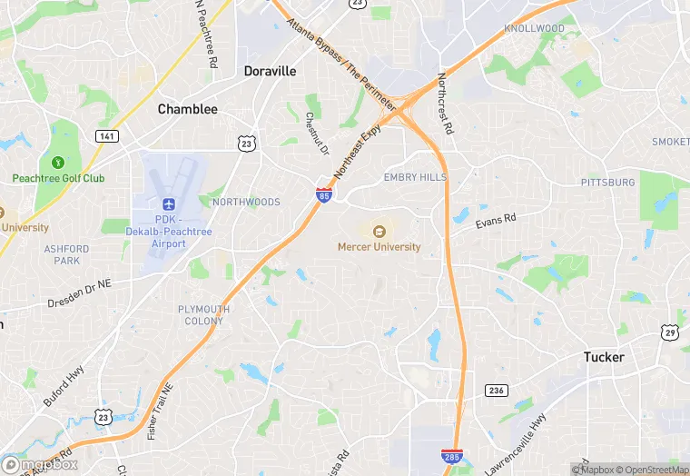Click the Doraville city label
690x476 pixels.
tap(270, 71)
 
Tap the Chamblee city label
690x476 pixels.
tap(188, 109)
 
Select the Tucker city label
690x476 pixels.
tap(604, 357)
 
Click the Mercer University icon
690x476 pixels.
tap(379, 231)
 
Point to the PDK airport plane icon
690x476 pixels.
tap(168, 205)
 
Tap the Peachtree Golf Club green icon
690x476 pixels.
tap(58, 163)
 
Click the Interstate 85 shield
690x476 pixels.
tap(324, 194)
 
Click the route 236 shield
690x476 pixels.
tap(496, 390)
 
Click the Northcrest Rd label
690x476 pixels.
tap(445, 104)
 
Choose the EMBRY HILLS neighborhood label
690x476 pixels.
tap(415, 177)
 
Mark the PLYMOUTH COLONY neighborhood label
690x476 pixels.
tap(203, 314)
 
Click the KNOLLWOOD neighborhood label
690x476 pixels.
tap(535, 28)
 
